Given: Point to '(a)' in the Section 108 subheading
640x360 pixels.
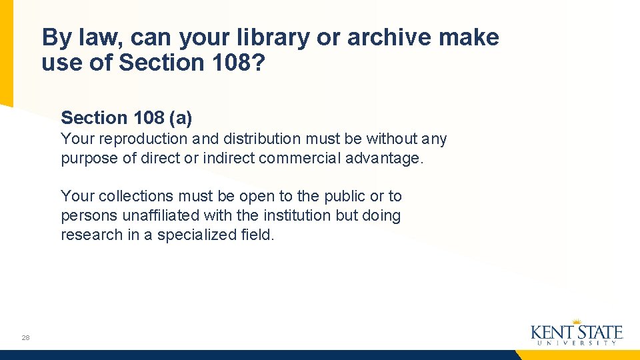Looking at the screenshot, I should click(x=180, y=118).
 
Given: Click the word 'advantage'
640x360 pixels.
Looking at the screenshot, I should click(x=385, y=159).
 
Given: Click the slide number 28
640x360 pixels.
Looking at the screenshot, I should click(x=25, y=338).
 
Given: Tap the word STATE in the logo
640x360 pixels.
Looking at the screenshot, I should click(x=599, y=332).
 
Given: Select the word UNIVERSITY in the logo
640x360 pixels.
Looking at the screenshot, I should click(x=577, y=343).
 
